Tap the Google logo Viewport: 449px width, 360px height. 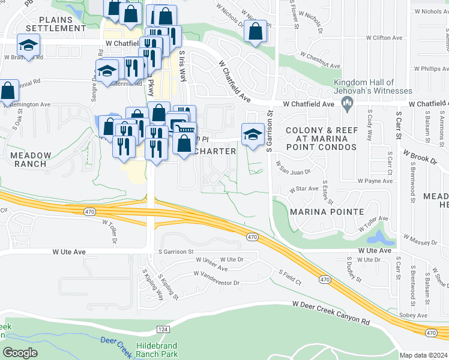click(20, 353)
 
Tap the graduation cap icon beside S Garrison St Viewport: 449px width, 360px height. click(253, 134)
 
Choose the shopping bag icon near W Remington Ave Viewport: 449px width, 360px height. click(9, 92)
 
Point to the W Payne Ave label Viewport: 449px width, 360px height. click(375, 180)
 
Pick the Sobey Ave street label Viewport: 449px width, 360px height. click(414, 315)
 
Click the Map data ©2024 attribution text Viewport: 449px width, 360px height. click(424, 355)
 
